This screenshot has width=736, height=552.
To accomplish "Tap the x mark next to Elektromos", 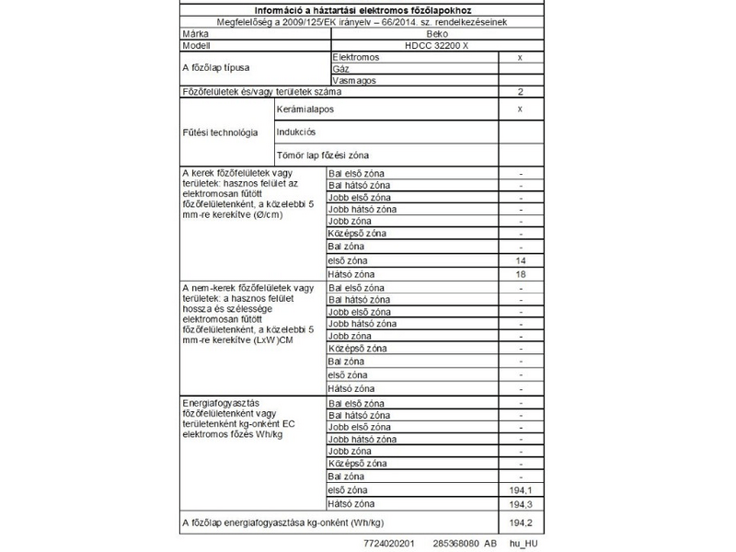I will tap(521, 57).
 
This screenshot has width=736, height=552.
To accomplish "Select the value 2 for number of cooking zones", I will tap(521, 93).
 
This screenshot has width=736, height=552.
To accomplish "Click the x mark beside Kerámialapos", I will tap(521, 109).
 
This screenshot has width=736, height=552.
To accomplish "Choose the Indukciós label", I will tap(295, 132).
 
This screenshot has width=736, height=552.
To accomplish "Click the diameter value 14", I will tap(521, 261).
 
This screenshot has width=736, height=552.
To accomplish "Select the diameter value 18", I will tap(521, 274).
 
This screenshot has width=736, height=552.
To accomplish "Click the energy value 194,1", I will tap(521, 491).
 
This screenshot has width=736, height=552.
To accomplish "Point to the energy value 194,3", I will tap(521, 505).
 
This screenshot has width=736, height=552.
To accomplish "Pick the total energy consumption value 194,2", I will tap(521, 523).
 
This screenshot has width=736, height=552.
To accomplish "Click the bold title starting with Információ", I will tap(366, 8).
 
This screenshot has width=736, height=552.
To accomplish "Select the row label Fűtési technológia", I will tap(221, 132).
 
